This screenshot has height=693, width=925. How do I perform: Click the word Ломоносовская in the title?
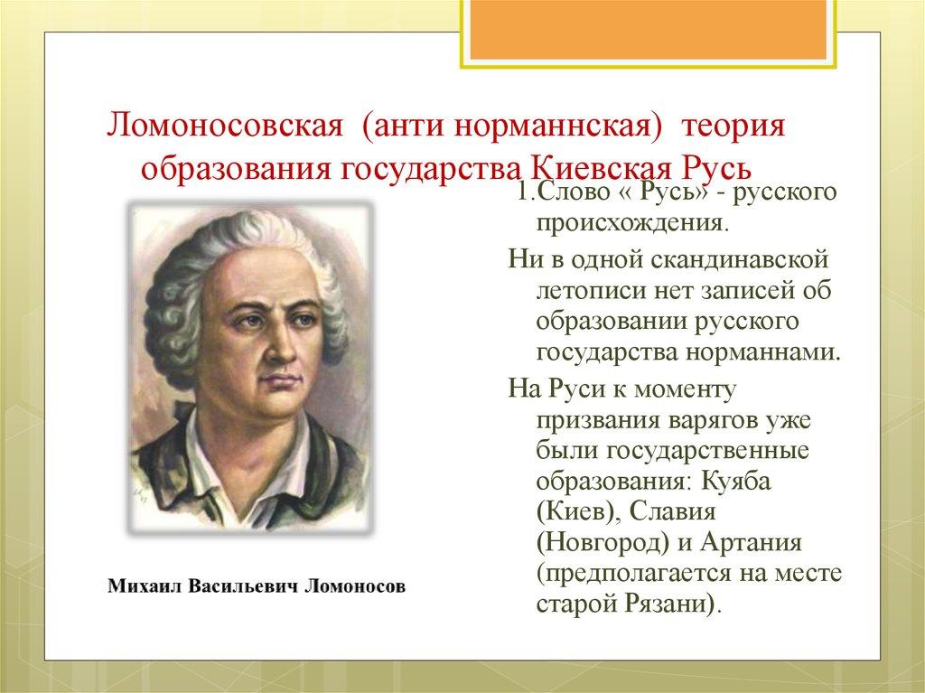[x=224, y=127]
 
